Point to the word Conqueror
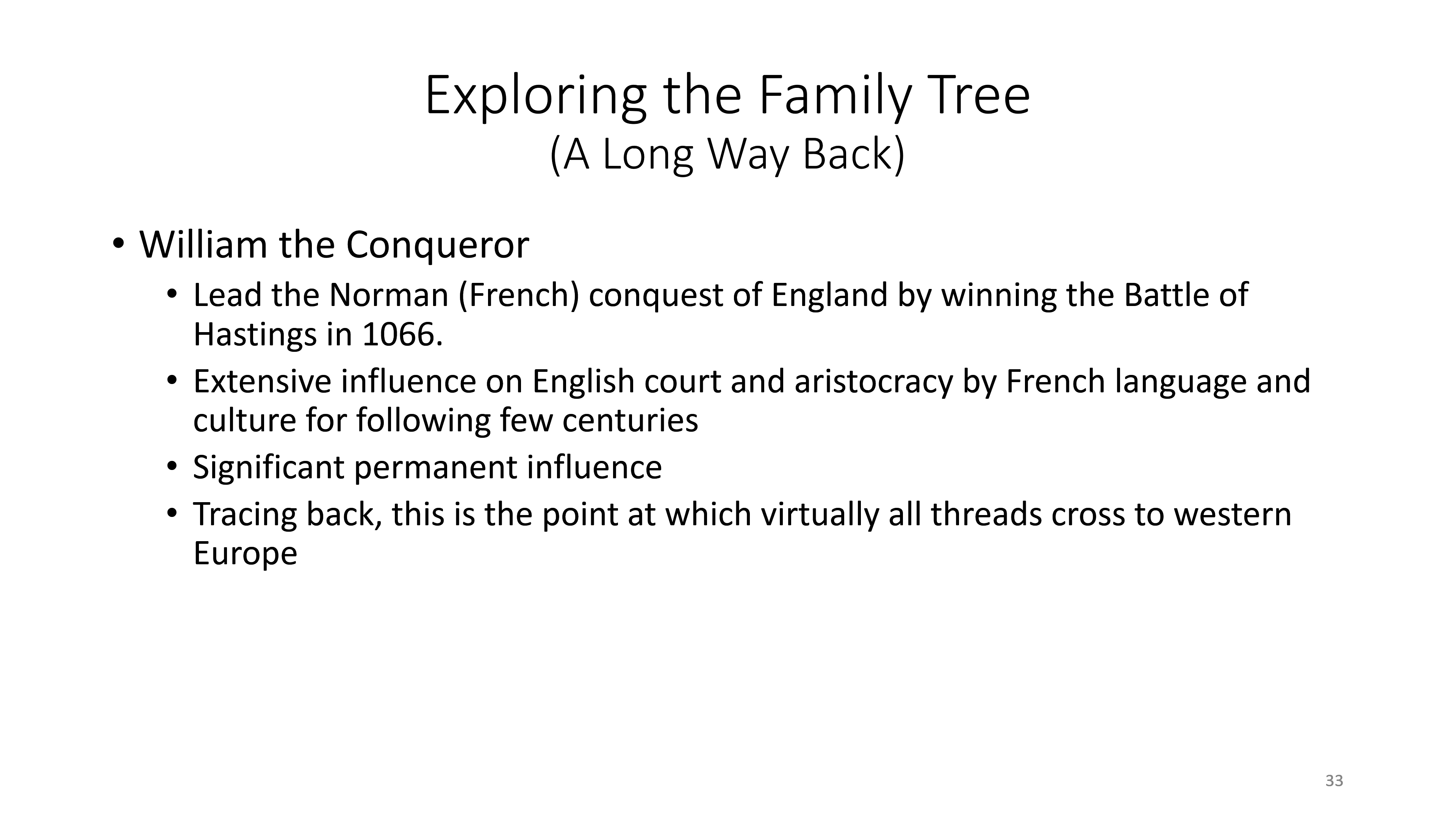pyautogui.click(x=437, y=245)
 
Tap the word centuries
pyautogui.click(x=630, y=421)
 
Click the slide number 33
pyautogui.click(x=1334, y=781)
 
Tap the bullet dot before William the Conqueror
pyautogui.click(x=117, y=244)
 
